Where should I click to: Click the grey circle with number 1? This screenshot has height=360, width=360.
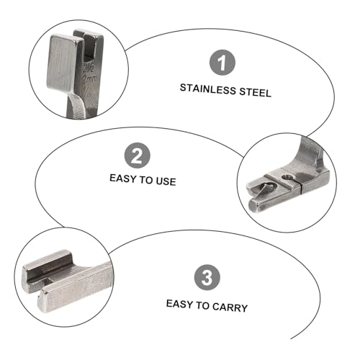pos(222,63)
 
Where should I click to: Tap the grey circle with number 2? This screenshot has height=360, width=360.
pos(138,156)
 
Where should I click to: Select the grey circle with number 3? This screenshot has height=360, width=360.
pos(207,277)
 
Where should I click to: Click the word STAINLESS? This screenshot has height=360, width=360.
pos(208,89)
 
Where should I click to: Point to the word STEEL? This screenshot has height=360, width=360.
pos(256,92)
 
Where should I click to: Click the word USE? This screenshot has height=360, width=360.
pos(166,181)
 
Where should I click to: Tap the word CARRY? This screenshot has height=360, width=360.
pos(230,307)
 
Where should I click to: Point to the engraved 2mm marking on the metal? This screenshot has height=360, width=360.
pos(89,79)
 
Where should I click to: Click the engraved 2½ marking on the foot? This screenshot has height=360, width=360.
pos(88,68)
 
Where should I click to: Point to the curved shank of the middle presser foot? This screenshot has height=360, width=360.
pos(309,156)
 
